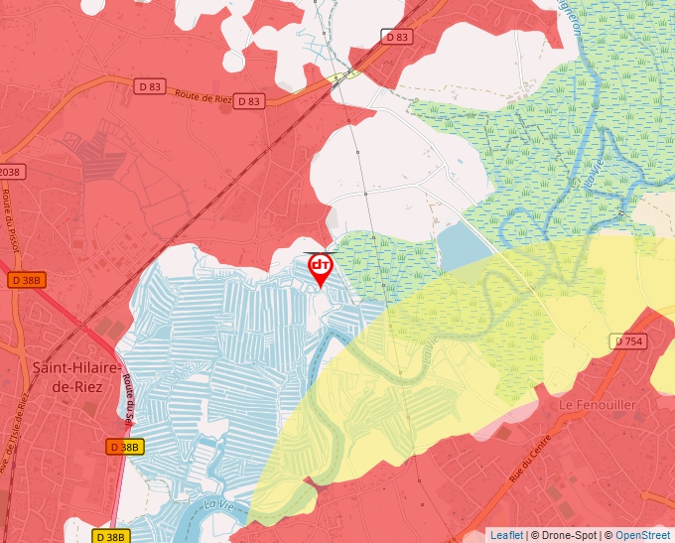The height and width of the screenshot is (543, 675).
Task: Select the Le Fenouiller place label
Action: pos(597,405)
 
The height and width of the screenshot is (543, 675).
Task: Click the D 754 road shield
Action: pos(628,341)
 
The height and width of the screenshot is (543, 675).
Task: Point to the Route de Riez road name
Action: pos(204,97)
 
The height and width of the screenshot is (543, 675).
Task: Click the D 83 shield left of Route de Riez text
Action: pos(151,86)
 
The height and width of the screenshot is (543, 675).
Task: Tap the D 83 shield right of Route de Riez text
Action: pos(249,101)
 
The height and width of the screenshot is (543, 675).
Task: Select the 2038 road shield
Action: pos(9,172)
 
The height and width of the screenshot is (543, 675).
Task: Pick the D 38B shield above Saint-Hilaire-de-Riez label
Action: pos(27,280)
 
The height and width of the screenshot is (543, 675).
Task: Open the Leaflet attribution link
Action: pos(506,535)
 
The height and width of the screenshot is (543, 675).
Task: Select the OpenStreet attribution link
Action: pos(644,535)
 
